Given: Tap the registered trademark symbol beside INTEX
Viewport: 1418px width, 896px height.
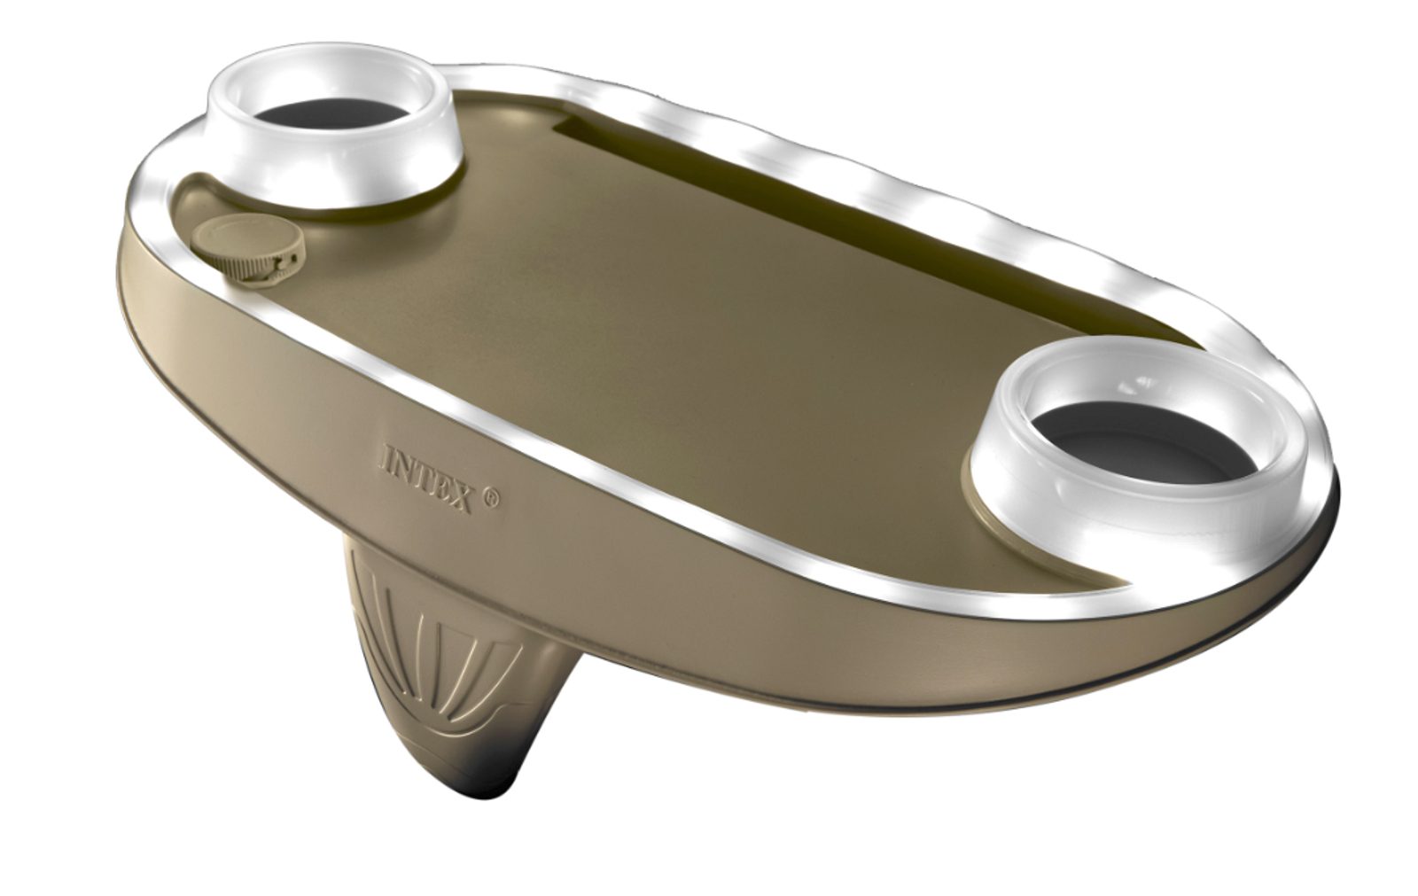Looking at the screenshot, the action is [492, 500].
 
